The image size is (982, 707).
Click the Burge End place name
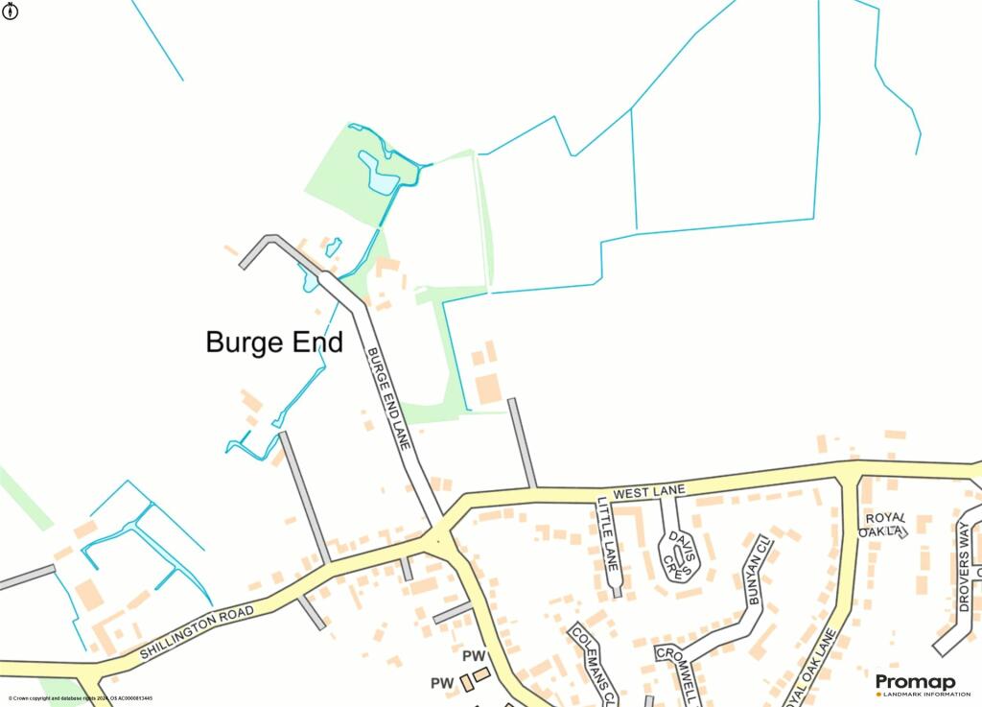(274, 342)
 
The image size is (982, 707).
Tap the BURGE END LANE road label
(389, 399)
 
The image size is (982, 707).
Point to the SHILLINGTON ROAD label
(198, 632)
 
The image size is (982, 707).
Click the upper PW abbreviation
(474, 655)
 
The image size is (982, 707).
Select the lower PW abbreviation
(441, 683)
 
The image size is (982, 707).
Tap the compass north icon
(11, 11)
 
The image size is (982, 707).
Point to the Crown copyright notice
(80, 698)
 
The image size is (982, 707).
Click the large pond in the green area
(379, 173)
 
